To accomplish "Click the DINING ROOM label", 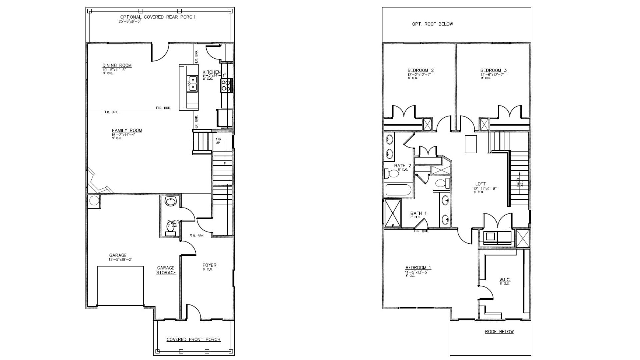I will pos(117,66).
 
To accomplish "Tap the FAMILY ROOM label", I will pos(127,130).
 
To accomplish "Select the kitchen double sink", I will pos(193,83).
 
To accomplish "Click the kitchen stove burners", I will pos(226,85).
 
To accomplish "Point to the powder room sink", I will pos(170,201).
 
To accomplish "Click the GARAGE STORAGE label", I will pos(166,270).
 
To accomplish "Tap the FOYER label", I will pos(209,265).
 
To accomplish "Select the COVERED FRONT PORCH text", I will pos(193,339).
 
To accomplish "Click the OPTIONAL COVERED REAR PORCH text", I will pos(157,17).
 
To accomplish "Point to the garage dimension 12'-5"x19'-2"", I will pos(121,259).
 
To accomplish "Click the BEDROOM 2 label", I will pos(420,70).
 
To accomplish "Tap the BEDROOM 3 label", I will pos(493,70).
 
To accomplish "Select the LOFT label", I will pos(480,184).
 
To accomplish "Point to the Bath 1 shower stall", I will pos(392,213).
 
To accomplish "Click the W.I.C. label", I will pos(505,280).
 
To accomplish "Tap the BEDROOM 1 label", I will pos(418,267).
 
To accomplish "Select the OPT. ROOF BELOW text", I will pos(432,24).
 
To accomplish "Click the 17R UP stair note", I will pos(218,141).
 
